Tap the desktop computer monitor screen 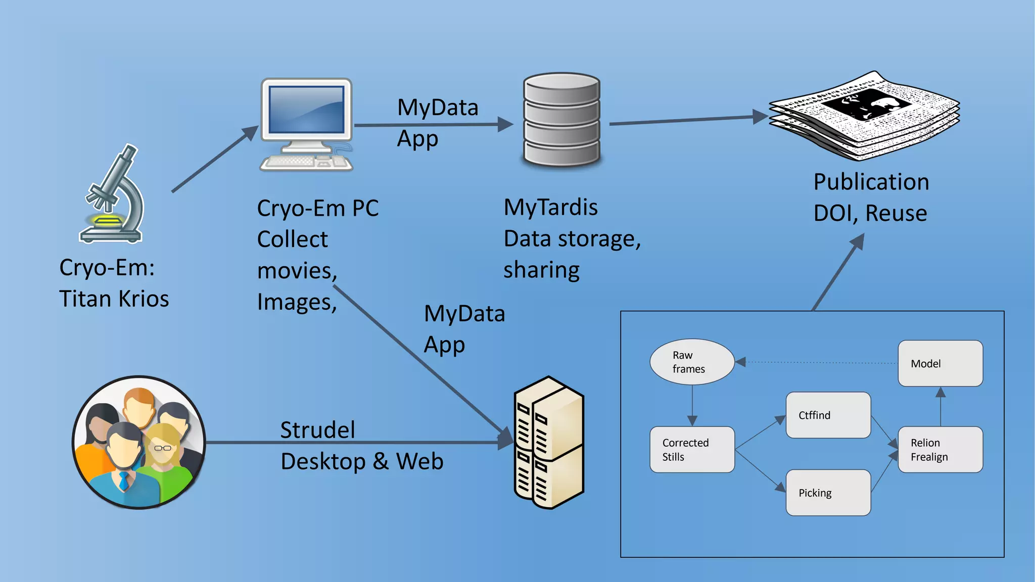[306, 109]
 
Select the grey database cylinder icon [561, 120]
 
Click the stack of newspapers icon [864, 116]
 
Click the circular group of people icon [139, 442]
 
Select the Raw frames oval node [691, 362]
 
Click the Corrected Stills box [691, 450]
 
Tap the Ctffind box [828, 415]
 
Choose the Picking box [828, 493]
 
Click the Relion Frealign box [940, 450]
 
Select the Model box [940, 363]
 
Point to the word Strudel [317, 430]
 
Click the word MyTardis [550, 208]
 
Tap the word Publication [871, 182]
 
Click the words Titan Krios [114, 299]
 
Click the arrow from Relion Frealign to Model [940, 407]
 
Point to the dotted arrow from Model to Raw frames [819, 362]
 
